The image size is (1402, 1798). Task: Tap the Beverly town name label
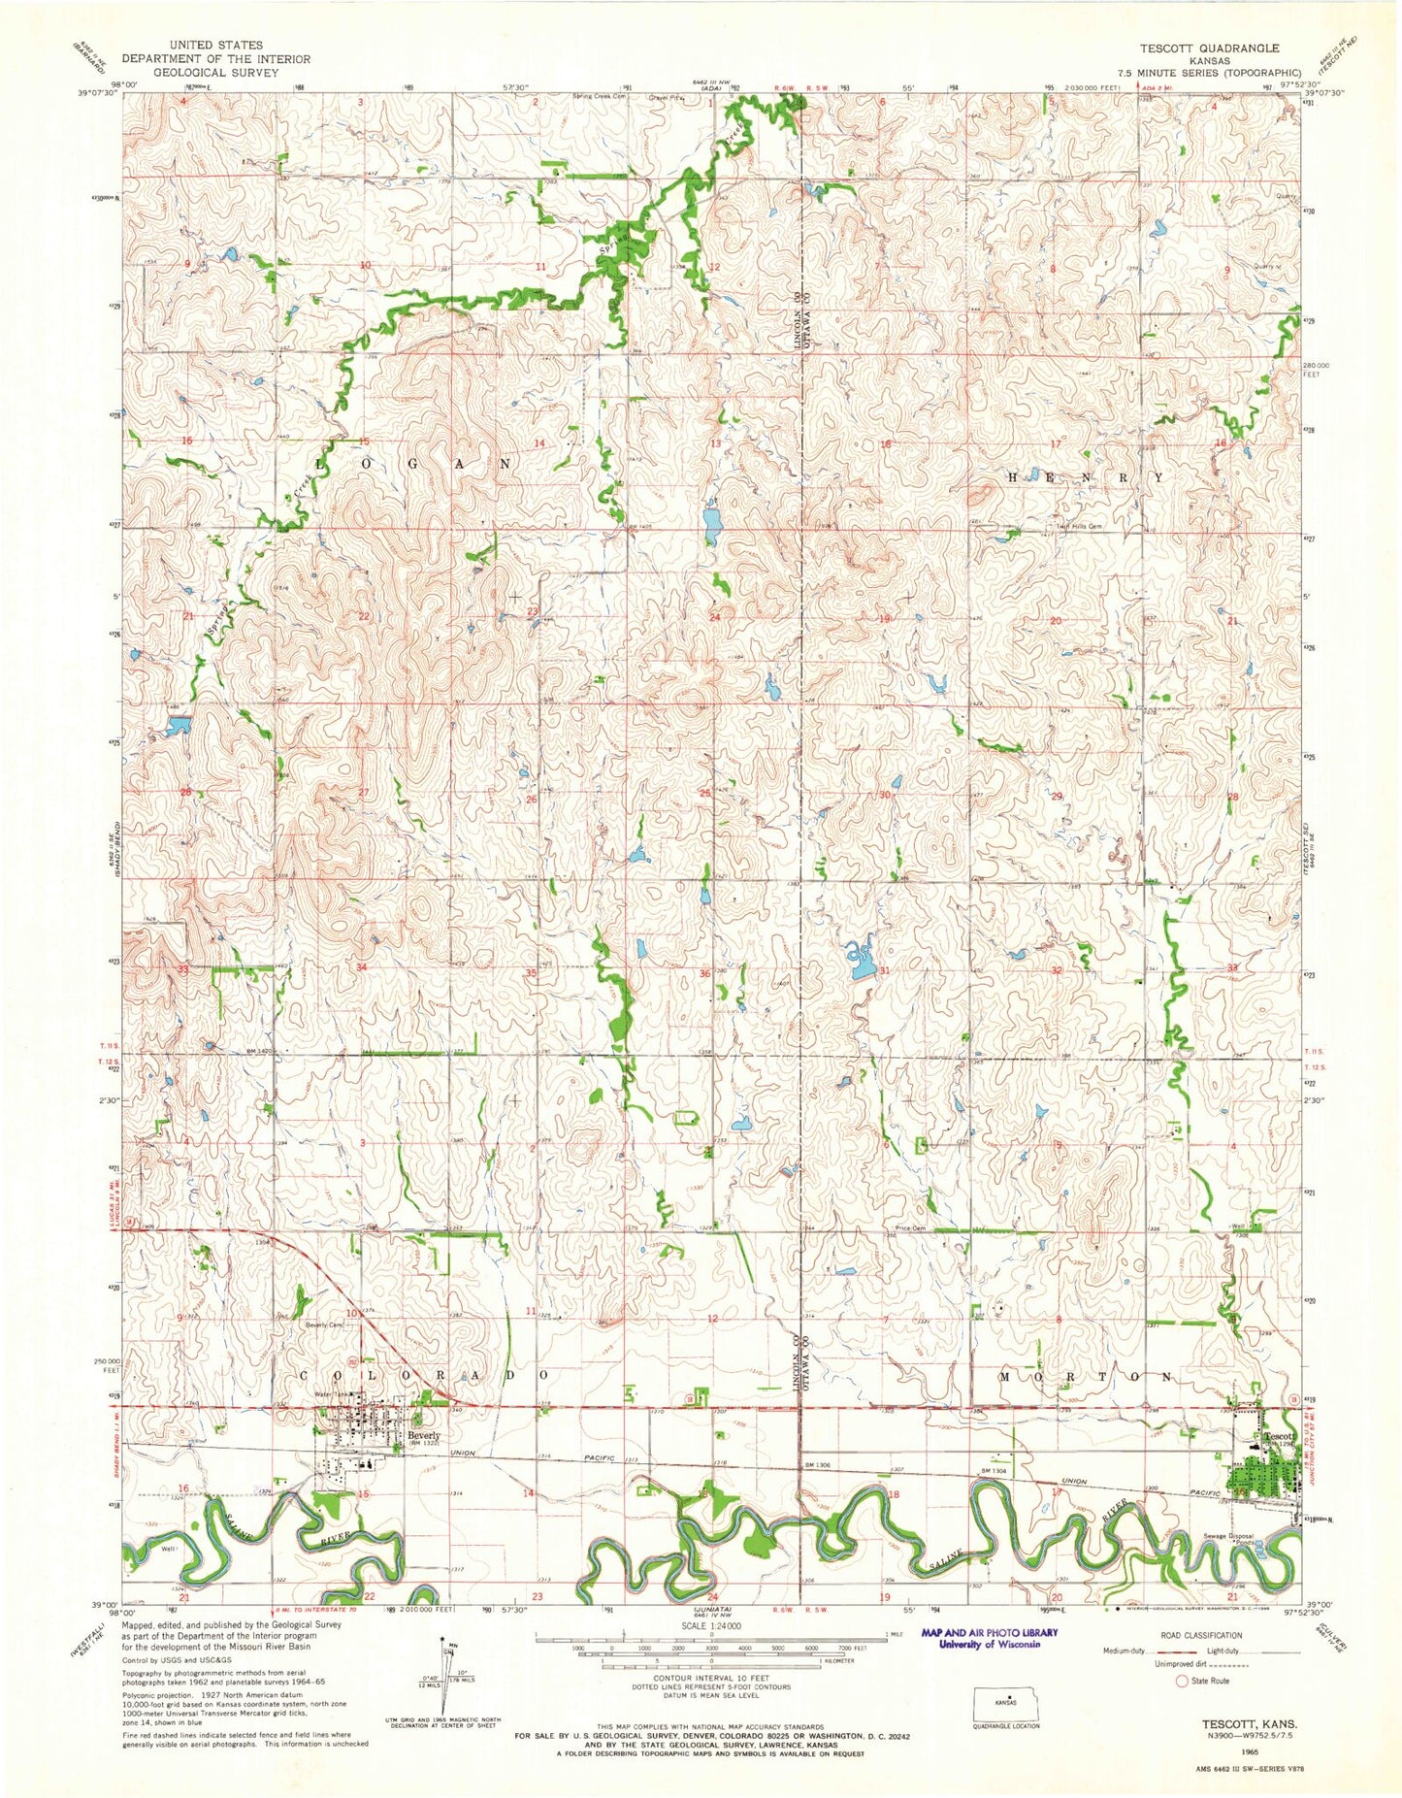pos(424,1435)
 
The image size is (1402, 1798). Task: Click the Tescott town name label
pos(1278,1436)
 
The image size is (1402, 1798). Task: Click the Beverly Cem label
pos(325,1324)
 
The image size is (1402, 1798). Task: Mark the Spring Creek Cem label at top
pos(601,96)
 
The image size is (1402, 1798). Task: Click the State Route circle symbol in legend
pos(1181,1681)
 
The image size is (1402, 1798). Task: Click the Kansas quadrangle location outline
pos(1005,1703)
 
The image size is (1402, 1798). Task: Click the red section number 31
pos(884,970)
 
